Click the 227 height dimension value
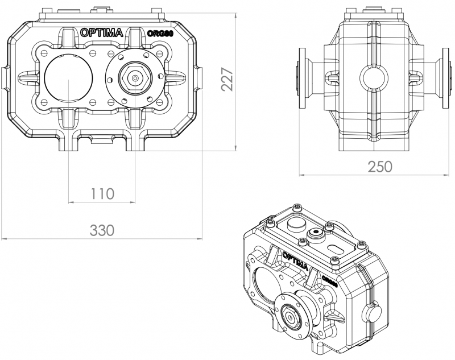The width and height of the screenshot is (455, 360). tap(227, 79)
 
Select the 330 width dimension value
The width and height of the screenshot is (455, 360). tap(102, 230)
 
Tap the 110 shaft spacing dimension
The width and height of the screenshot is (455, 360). tap(102, 193)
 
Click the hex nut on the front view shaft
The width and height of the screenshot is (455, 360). tap(135, 77)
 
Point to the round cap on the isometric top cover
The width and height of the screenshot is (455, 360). tap(295, 226)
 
